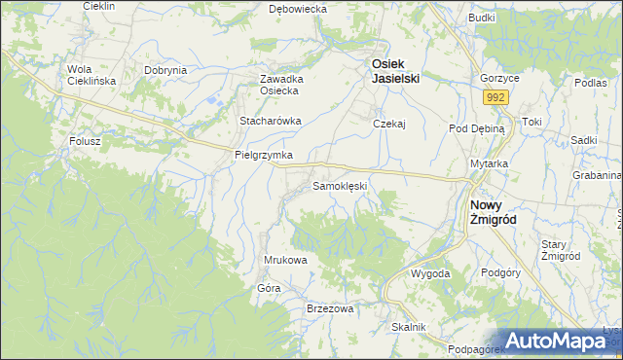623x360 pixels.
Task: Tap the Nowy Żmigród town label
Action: (x=493, y=212)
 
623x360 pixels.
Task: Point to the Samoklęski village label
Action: (x=339, y=185)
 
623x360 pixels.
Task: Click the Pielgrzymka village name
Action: (x=263, y=155)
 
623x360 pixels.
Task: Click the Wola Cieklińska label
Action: (x=92, y=75)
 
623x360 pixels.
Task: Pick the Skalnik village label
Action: (x=409, y=327)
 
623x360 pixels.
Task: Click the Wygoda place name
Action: (x=430, y=273)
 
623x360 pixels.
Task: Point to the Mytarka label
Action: (x=490, y=163)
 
